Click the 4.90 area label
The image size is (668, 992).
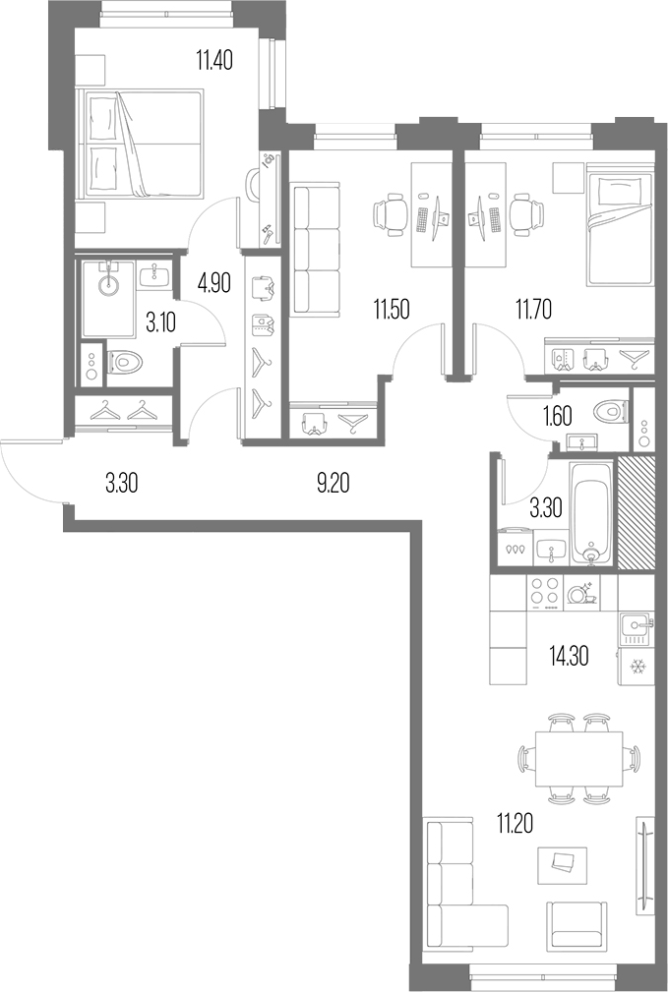coord(214,284)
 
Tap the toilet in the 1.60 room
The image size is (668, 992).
coord(610,409)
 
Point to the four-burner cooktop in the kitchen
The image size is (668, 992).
coord(544,593)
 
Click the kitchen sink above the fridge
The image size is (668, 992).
coord(634,623)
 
